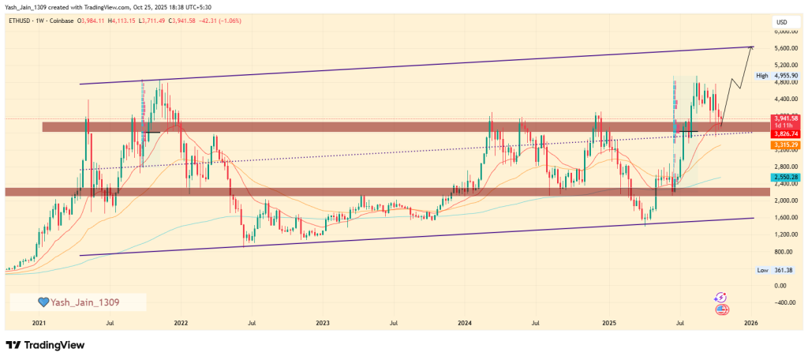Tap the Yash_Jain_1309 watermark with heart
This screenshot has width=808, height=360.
pyautogui.click(x=77, y=302)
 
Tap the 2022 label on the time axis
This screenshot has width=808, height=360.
pyautogui.click(x=181, y=323)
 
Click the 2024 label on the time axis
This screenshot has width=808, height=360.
pyautogui.click(x=465, y=323)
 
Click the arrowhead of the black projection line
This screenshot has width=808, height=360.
pyautogui.click(x=752, y=47)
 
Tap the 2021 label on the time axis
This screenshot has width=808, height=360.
pyautogui.click(x=38, y=323)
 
